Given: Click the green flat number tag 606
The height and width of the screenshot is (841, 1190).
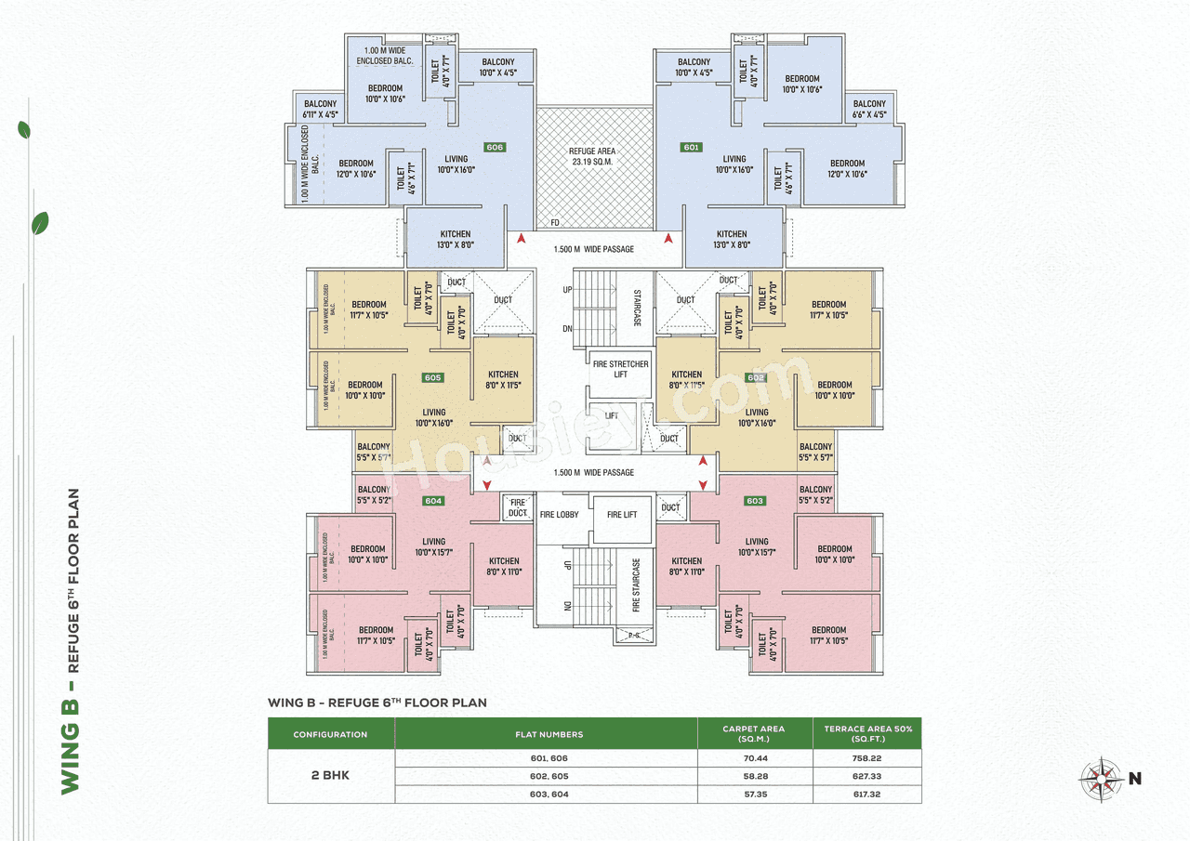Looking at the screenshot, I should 495,147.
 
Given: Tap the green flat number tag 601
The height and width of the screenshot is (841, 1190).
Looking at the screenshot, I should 691,147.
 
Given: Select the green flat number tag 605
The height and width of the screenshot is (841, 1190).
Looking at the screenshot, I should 432,377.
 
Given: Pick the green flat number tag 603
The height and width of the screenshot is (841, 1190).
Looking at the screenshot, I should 755,501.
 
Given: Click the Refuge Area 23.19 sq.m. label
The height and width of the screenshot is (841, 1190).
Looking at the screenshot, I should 592,156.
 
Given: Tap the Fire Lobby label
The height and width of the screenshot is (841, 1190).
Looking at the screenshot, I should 559,514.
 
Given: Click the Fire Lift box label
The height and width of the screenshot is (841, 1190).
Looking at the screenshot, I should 621,514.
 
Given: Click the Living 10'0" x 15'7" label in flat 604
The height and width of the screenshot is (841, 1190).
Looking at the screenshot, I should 433,546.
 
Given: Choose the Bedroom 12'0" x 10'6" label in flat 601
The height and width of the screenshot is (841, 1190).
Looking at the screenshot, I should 847,168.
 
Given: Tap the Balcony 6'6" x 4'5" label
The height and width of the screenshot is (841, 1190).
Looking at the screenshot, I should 869,109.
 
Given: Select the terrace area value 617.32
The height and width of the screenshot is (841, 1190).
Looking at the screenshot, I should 866,795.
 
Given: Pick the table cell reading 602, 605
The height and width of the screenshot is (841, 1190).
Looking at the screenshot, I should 546,777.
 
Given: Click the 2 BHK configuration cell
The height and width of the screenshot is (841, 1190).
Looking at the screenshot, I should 331,775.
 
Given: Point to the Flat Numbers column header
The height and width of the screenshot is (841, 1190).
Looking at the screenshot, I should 546,734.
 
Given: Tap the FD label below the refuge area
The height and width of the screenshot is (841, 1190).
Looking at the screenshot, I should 554,223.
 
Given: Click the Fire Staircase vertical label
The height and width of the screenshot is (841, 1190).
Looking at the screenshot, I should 637,585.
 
